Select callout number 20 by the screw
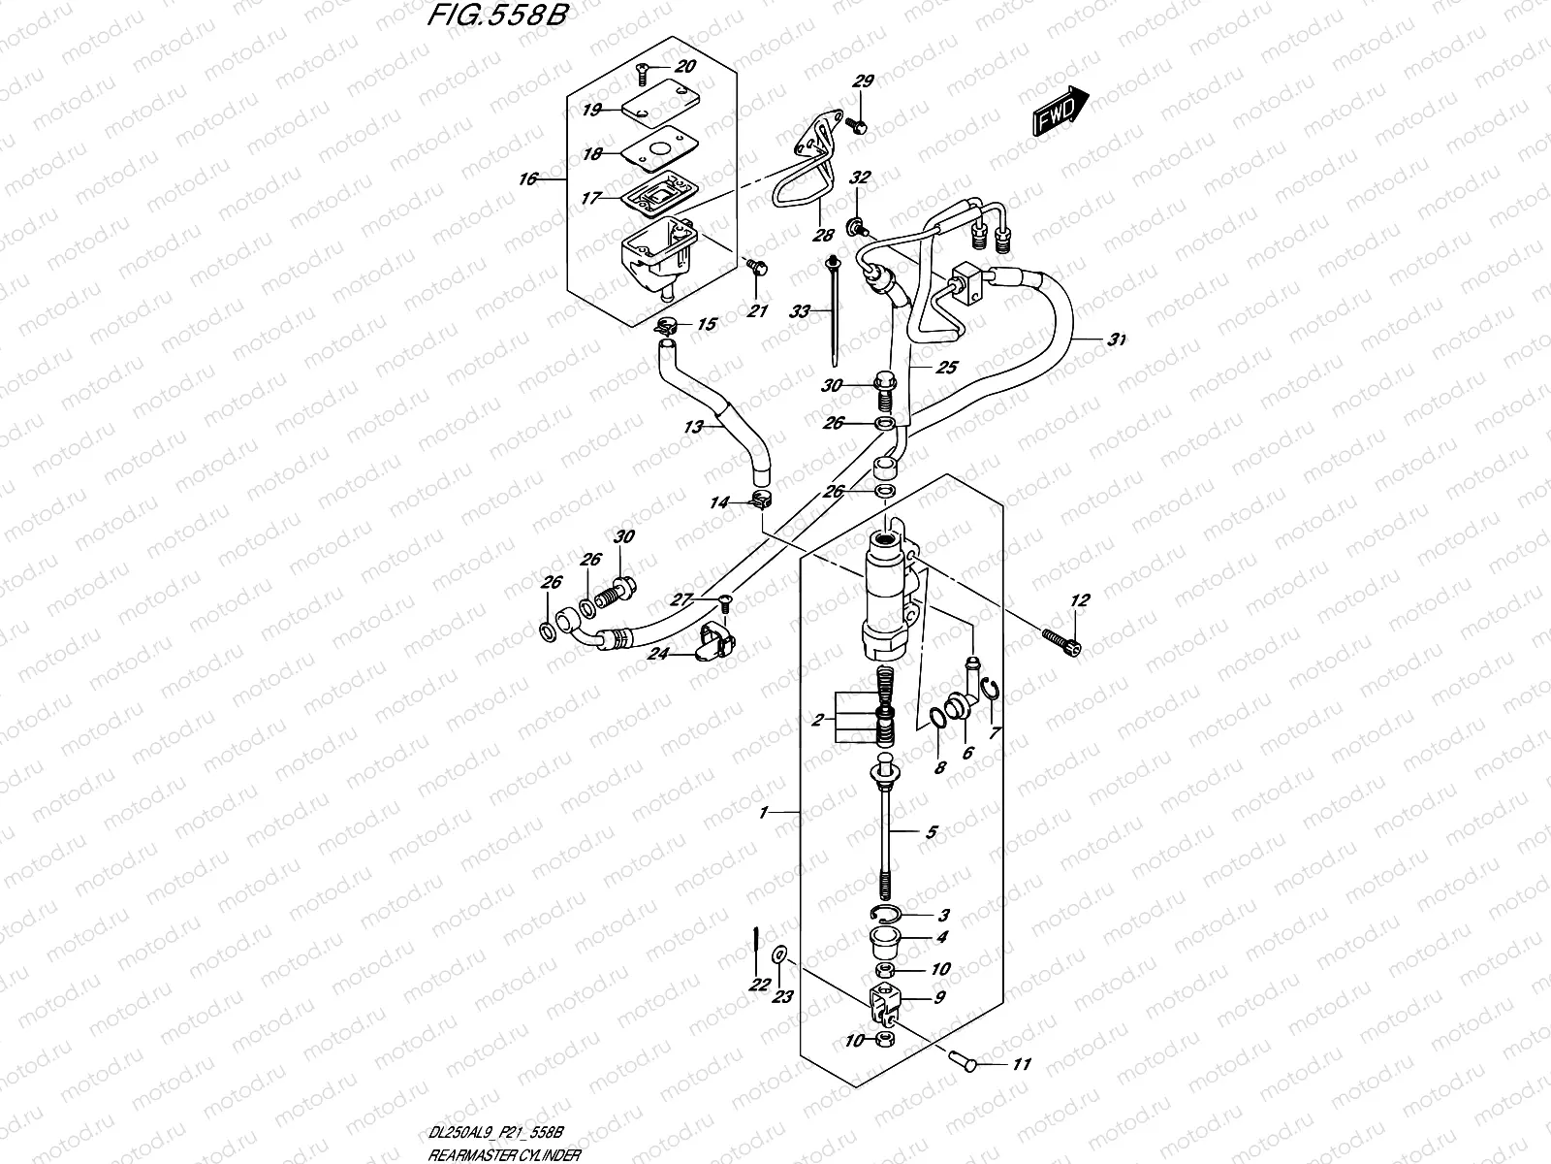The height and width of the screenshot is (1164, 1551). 684,67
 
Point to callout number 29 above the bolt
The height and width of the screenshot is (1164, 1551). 862,82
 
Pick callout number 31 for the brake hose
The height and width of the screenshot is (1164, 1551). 1118,339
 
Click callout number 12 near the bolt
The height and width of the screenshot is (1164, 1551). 1080,601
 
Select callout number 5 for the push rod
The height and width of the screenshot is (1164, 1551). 931,831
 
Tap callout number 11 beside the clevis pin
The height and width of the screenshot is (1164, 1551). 1021,1064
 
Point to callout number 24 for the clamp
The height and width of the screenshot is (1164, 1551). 658,654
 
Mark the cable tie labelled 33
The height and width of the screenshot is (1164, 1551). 835,310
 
